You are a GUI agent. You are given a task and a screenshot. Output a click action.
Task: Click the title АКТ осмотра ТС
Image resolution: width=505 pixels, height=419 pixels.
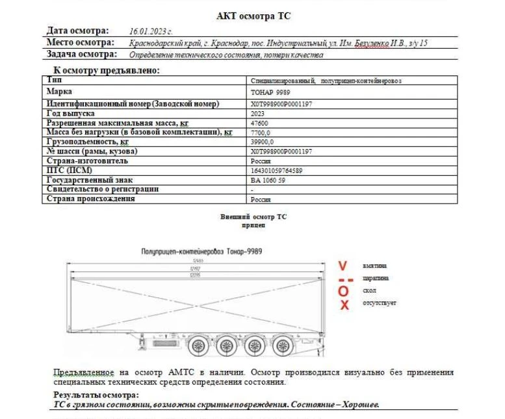point(253,16)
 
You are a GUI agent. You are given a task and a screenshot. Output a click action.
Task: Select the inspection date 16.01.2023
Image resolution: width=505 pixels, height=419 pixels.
point(151,31)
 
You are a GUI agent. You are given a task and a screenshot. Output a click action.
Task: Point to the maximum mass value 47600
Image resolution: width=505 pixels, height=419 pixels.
point(259,123)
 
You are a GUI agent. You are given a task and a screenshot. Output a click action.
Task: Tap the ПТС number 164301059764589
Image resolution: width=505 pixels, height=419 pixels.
point(276,170)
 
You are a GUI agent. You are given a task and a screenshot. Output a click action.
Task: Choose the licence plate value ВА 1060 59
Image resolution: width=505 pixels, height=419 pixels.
point(267,180)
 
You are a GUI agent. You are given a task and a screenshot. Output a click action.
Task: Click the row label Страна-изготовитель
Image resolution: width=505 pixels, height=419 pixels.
point(88,161)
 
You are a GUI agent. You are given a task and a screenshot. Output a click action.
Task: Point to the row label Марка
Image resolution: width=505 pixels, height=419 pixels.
point(59,92)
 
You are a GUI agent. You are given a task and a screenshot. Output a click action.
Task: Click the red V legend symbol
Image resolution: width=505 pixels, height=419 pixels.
point(344,265)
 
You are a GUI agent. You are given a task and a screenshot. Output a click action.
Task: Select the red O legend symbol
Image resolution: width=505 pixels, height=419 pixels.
point(344,291)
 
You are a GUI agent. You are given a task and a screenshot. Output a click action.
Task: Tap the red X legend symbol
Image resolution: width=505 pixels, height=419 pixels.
point(344,304)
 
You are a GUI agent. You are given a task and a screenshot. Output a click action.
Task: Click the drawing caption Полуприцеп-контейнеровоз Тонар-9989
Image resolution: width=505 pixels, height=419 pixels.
point(197,250)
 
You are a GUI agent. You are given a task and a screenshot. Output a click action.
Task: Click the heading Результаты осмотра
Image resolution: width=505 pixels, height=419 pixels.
point(96,394)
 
